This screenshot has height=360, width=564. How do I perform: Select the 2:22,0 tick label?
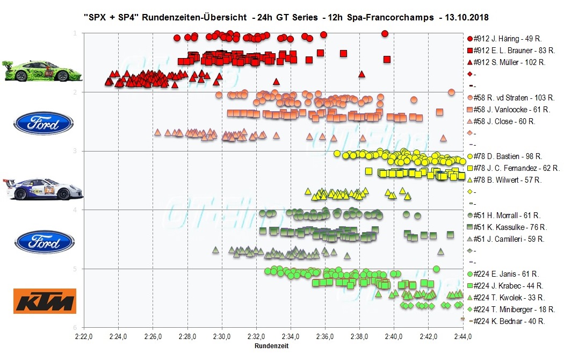[84, 337]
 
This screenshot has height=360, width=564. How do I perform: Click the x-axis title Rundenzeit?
[271, 347]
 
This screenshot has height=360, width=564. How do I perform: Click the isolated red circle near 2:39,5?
[385, 34]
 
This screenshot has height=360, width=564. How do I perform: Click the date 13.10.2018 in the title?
[466, 17]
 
